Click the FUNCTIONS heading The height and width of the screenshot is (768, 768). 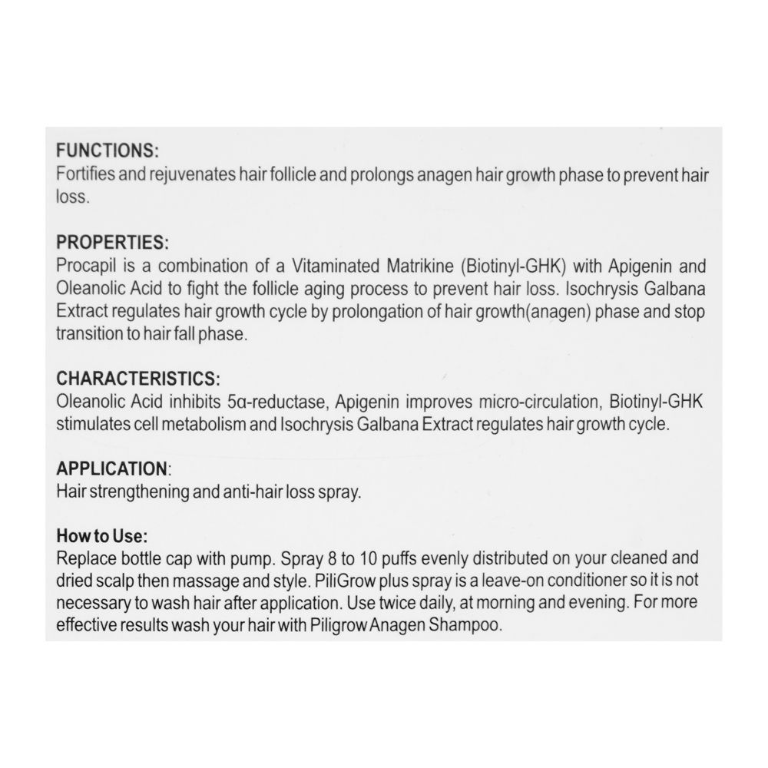click(x=108, y=151)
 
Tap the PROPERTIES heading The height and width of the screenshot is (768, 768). click(x=112, y=243)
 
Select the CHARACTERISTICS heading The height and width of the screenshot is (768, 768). click(x=138, y=379)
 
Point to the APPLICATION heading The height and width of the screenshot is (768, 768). click(x=112, y=468)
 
